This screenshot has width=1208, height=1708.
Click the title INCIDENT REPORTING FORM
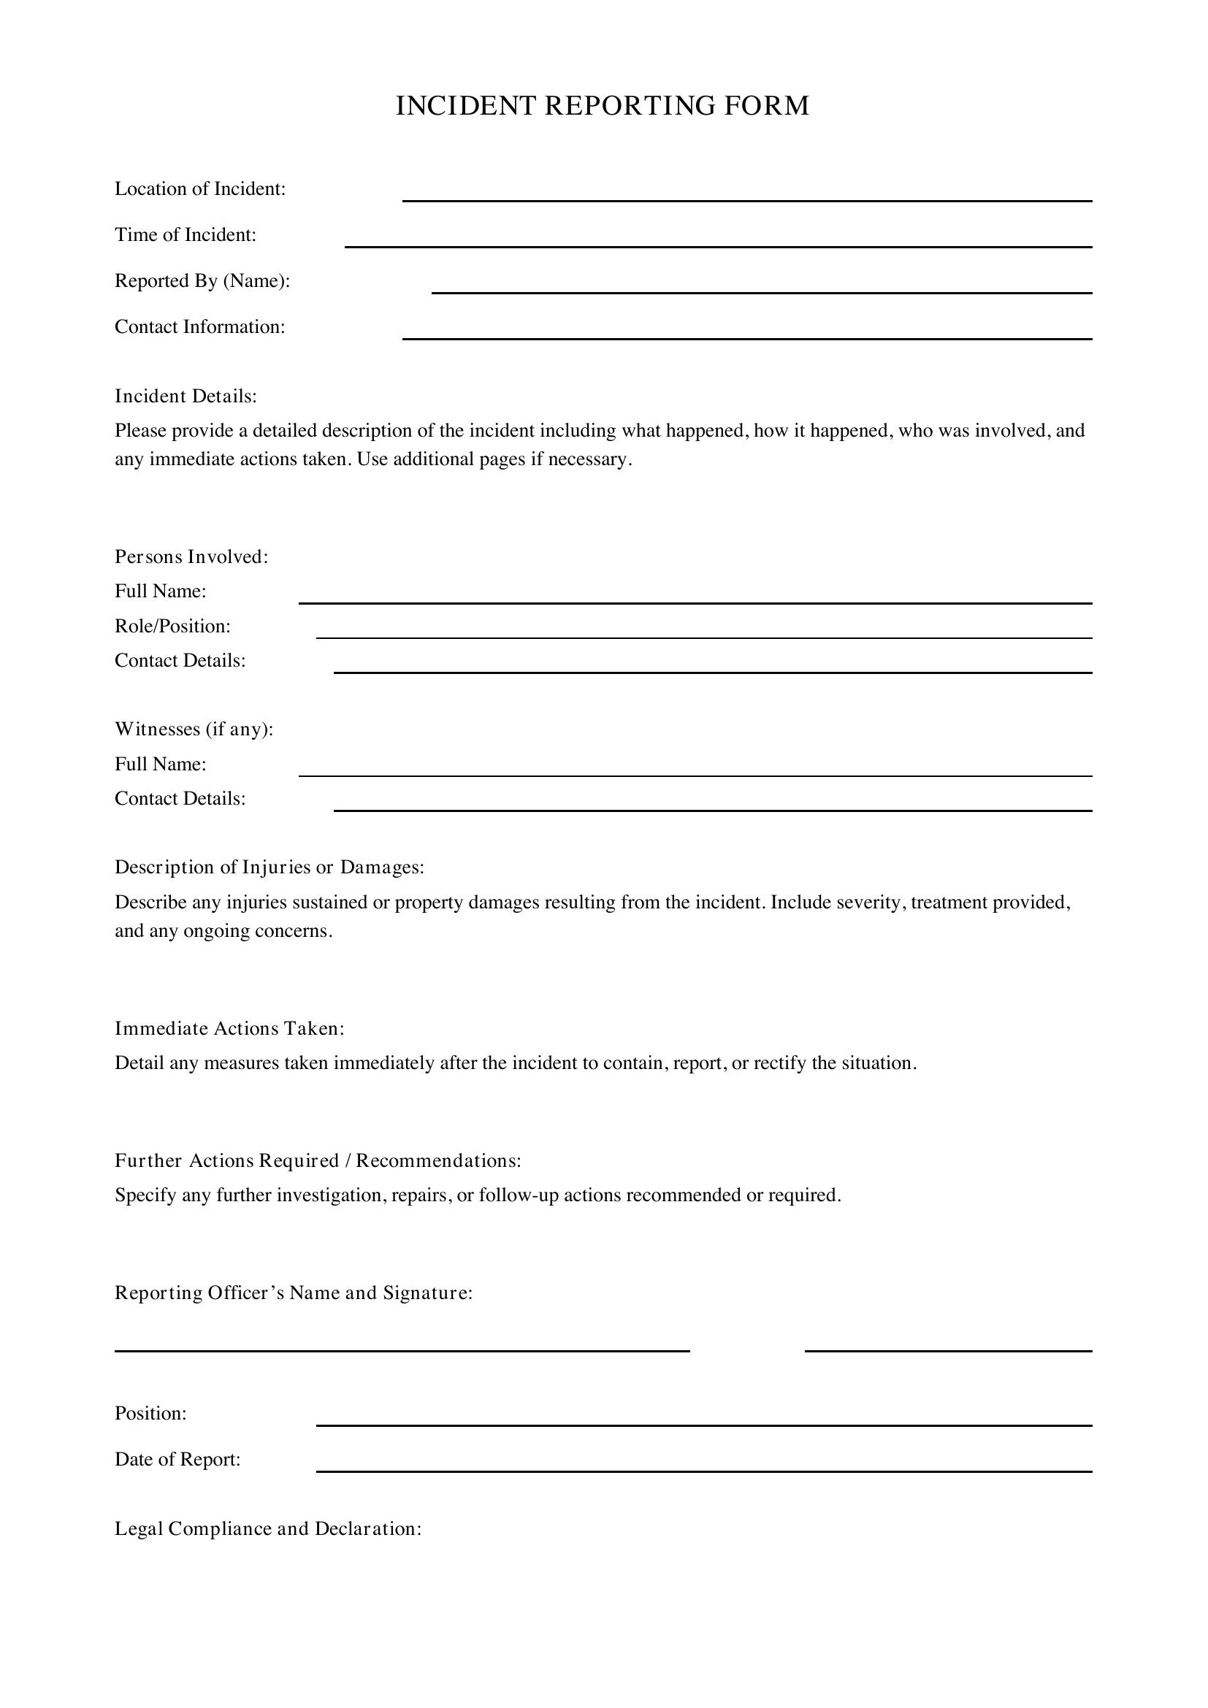point(603,106)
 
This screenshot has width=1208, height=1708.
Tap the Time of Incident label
point(186,235)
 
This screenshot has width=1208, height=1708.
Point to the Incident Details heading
point(186,397)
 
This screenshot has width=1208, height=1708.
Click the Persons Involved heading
point(191,556)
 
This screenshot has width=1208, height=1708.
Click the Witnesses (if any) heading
point(194,729)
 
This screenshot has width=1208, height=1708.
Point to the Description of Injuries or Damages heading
point(269,868)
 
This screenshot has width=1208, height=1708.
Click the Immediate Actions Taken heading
point(229,1029)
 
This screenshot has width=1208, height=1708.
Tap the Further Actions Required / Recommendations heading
point(318,1161)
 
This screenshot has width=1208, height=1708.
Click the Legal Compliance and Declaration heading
point(268,1528)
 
